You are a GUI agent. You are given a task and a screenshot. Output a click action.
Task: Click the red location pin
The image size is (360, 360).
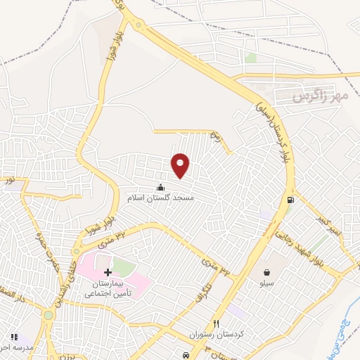click(x=181, y=165)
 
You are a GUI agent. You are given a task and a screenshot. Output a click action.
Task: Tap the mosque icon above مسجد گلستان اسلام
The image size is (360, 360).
click(x=160, y=187)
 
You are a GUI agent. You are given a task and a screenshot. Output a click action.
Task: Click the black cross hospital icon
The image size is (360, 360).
click(x=108, y=272)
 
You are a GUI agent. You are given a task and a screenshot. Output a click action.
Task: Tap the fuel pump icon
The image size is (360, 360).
click(x=290, y=200)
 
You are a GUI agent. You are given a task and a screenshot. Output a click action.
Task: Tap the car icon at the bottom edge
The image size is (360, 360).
click(x=185, y=356)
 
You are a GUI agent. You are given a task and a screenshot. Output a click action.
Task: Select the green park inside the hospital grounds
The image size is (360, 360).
click(x=122, y=268)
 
